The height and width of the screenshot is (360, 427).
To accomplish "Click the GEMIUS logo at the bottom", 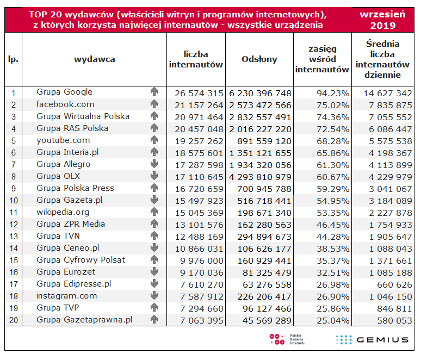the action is tap(372, 339).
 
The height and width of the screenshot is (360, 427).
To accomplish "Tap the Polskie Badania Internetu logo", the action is tap(287, 339).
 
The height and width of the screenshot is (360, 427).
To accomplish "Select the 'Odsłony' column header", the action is tap(259, 59).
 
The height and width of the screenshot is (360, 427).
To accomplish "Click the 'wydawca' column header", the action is tap(95, 59).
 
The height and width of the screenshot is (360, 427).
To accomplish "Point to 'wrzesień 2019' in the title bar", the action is tap(382, 20).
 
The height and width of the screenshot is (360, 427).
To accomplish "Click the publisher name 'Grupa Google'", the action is tap(65, 92).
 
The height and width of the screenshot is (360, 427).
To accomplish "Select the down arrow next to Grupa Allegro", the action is tap(154, 164).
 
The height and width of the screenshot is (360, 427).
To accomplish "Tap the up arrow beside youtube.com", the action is tap(154, 140).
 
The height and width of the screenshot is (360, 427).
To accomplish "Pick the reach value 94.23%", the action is tap(333, 94).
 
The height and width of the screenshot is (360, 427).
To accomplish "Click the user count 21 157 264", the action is tap(199, 105).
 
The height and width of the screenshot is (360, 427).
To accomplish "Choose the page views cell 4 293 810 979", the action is tap(260, 177).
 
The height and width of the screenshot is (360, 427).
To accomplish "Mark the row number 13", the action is tap(14, 237).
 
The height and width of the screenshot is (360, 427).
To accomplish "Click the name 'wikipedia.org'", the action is tap(63, 212).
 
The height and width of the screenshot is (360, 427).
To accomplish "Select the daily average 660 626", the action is tap(394, 285).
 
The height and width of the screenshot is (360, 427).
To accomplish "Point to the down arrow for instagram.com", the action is tap(154, 295).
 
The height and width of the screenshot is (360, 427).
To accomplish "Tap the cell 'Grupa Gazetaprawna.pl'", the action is tap(84, 320).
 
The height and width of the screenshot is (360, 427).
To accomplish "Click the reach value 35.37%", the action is tap(333, 261).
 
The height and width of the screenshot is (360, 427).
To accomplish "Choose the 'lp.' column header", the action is tap(14, 59).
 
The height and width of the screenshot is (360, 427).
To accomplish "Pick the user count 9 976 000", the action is tap(201, 261).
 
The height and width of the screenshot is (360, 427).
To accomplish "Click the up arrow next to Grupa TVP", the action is tap(154, 307).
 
